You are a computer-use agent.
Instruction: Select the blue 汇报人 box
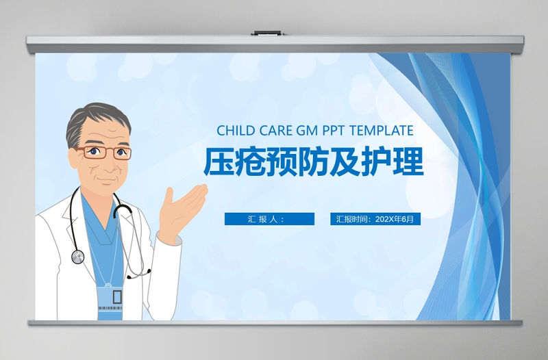point(269,219)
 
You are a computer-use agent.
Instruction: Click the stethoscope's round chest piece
point(77,257)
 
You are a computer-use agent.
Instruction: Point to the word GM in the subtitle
point(306,130)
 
